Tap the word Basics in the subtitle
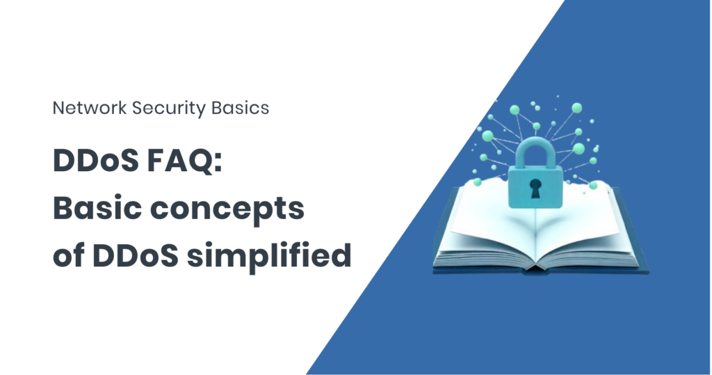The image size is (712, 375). pyautogui.click(x=240, y=108)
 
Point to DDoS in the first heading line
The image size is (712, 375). pyautogui.click(x=96, y=160)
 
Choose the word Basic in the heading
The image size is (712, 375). pyautogui.click(x=97, y=208)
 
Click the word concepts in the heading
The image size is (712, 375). pyautogui.click(x=227, y=210)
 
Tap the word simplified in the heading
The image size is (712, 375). pyautogui.click(x=269, y=255)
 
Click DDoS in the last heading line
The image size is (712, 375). pyautogui.click(x=136, y=255)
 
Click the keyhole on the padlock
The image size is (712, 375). pyautogui.click(x=536, y=188)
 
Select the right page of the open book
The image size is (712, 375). pyautogui.click(x=585, y=228)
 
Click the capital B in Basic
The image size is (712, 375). pyautogui.click(x=63, y=208)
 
